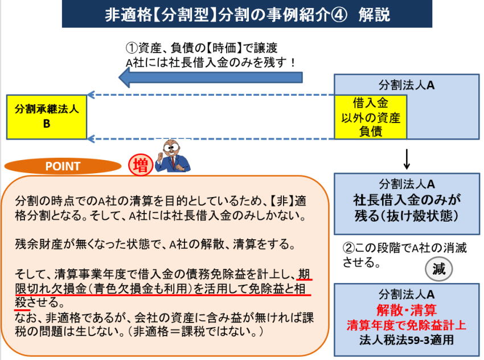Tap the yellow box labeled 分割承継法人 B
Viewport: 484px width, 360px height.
pyautogui.click(x=47, y=116)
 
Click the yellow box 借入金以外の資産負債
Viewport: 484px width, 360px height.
pyautogui.click(x=370, y=117)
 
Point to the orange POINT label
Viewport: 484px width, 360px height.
pyautogui.click(x=63, y=166)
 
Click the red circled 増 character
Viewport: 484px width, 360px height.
pyautogui.click(x=140, y=165)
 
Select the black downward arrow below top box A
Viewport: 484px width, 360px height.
pyautogui.click(x=407, y=159)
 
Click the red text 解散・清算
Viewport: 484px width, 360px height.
pyautogui.click(x=406, y=310)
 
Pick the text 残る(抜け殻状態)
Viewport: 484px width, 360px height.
pyautogui.click(x=407, y=217)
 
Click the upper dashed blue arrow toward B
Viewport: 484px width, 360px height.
pyautogui.click(x=211, y=96)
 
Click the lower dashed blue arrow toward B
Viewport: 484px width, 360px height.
pyautogui.click(x=211, y=138)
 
